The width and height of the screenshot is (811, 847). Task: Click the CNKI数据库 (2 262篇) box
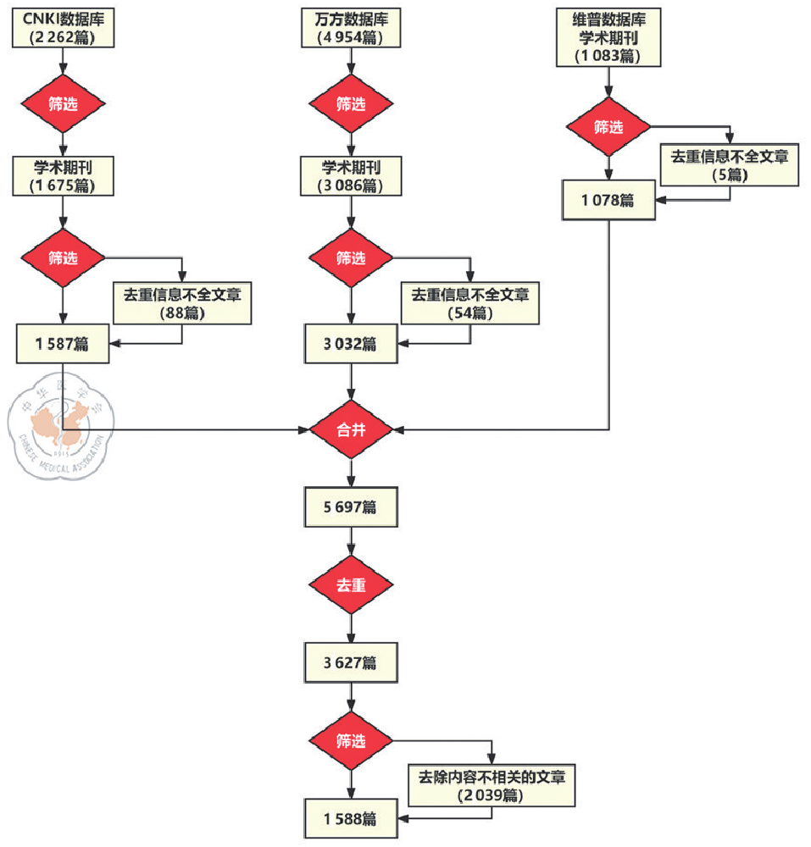[63, 28]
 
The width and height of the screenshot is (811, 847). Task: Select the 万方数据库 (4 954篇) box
[351, 28]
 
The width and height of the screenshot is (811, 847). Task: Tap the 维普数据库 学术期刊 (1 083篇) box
[608, 37]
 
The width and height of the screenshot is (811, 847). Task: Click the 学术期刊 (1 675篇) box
[63, 176]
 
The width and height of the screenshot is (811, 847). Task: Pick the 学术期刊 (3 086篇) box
[351, 176]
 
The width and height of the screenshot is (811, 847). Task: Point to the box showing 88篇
[182, 302]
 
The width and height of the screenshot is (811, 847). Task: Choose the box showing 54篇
[470, 302]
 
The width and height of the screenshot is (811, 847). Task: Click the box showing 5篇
[730, 164]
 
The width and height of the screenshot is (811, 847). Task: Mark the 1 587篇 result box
[63, 344]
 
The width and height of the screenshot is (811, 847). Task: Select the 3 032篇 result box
[351, 344]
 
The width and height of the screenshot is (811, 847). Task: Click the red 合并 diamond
[351, 430]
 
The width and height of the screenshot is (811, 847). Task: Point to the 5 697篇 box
[351, 507]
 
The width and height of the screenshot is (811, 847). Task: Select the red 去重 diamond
[351, 585]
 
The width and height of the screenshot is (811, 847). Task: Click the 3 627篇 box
[351, 662]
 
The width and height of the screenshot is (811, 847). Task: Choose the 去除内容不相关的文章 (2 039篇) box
[492, 785]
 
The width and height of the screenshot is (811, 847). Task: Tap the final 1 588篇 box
[351, 819]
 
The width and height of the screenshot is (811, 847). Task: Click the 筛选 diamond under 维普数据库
[608, 127]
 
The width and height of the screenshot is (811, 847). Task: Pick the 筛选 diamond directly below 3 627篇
[351, 741]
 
